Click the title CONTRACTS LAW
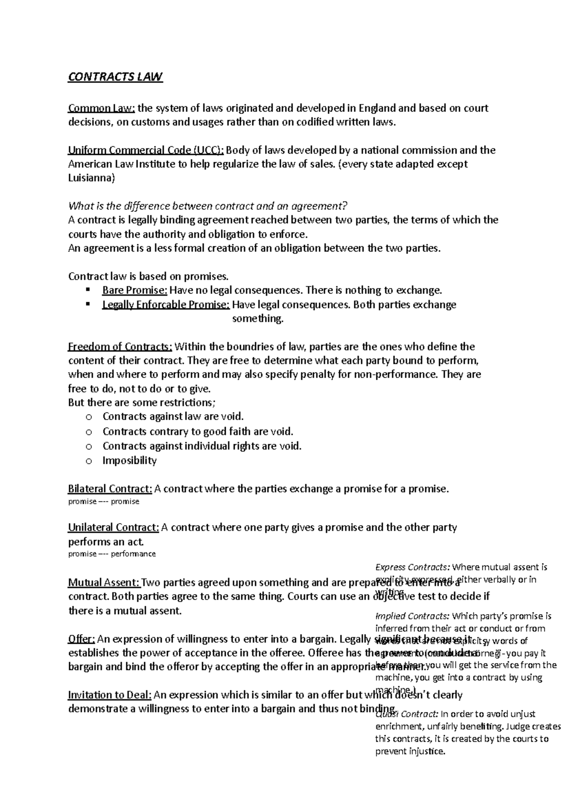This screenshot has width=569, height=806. click(115, 77)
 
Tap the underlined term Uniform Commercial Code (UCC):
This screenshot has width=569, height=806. click(146, 150)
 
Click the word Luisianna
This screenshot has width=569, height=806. click(92, 178)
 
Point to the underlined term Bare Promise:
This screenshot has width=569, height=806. click(135, 290)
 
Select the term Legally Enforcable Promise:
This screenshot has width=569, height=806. click(166, 304)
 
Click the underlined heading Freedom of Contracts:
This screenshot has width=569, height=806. click(120, 347)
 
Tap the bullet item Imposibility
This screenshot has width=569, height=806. click(129, 460)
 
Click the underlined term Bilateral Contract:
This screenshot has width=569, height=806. click(110, 489)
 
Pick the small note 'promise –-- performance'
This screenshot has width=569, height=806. click(112, 553)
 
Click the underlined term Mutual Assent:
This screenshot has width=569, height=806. click(104, 582)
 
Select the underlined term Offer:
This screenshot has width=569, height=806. click(82, 639)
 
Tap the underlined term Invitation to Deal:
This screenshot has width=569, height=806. click(110, 695)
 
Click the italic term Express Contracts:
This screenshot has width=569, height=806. click(413, 567)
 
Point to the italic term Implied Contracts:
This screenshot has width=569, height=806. click(412, 616)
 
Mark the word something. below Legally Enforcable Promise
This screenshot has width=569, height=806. click(257, 319)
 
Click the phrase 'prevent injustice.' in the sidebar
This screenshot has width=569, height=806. click(410, 751)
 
